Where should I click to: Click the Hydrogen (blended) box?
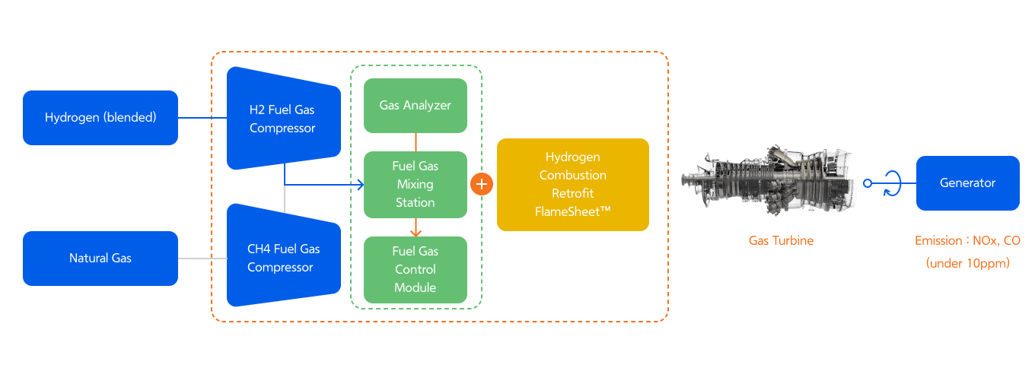(100, 118)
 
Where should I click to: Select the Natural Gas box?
(100, 259)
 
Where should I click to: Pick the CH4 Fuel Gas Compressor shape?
(283, 257)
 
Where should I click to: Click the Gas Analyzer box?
(415, 105)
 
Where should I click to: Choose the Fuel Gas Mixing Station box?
(415, 184)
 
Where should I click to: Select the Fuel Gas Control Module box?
(415, 269)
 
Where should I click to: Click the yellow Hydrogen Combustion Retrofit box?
(572, 184)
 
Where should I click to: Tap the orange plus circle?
(482, 184)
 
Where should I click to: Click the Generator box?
(967, 183)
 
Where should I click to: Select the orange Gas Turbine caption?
(781, 240)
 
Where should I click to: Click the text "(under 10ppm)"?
(967, 263)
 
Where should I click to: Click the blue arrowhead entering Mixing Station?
(360, 184)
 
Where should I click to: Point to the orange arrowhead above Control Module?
(416, 232)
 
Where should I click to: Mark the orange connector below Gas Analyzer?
(416, 141)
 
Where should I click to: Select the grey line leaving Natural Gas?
(202, 259)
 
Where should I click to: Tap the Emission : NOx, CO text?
(967, 240)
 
